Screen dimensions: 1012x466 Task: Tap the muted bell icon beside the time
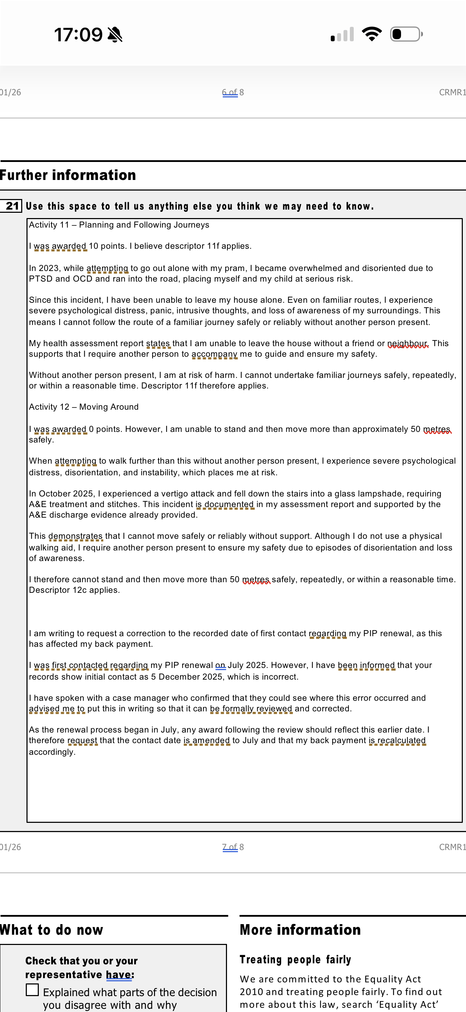115,35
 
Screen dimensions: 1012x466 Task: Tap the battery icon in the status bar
406,34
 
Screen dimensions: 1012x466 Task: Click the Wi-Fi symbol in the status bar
372,34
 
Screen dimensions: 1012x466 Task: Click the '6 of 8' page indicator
233,92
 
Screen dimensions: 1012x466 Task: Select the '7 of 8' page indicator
233,847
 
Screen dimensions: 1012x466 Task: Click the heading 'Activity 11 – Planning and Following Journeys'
119,225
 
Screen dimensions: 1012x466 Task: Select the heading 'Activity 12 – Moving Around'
84,406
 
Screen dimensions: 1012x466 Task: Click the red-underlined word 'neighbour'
407,343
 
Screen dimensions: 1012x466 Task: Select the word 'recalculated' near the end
401,740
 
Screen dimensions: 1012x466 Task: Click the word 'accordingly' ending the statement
51,752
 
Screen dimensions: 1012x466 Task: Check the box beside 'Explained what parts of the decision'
32,990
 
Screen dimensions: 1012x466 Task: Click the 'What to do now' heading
52,930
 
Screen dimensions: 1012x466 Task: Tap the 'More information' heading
300,930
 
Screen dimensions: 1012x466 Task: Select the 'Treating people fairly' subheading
295,959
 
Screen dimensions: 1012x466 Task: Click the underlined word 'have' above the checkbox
119,974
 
